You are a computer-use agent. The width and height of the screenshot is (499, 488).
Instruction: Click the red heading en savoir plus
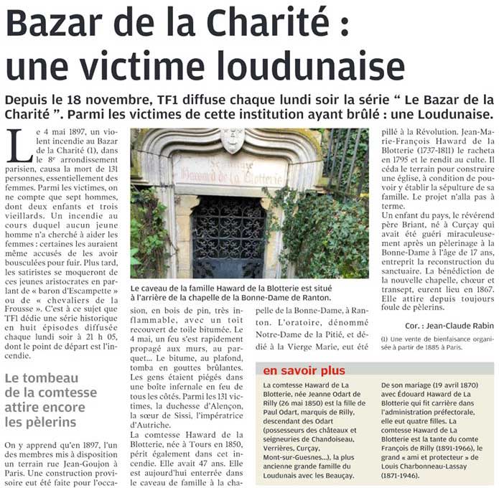click(304, 370)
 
